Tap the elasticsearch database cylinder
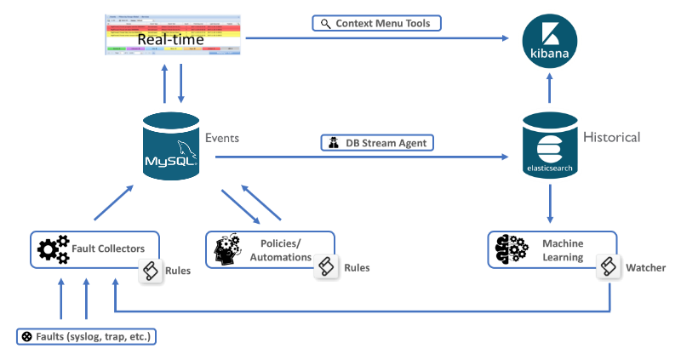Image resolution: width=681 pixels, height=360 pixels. [550, 146]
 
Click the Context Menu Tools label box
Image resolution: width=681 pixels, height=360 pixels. [377, 22]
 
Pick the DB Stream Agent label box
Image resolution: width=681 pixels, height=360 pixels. [377, 142]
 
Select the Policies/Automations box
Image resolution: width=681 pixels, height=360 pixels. [269, 249]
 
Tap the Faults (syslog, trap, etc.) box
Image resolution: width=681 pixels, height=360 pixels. [87, 336]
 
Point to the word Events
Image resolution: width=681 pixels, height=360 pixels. [222, 136]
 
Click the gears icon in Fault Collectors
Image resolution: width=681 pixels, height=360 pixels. [53, 249]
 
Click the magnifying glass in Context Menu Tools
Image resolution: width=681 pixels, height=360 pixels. [325, 23]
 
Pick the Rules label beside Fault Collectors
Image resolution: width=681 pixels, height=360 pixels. [178, 271]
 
